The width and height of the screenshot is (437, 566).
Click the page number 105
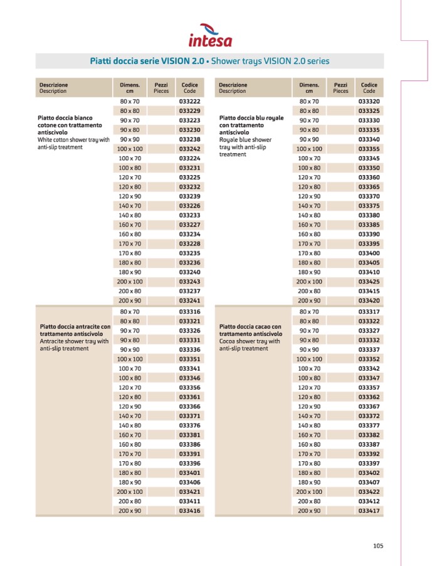click(377, 545)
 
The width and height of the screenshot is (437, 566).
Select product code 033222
click(189, 101)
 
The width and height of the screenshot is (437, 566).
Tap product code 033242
click(189, 149)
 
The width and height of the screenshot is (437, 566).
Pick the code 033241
click(189, 301)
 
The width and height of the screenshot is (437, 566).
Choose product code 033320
click(369, 101)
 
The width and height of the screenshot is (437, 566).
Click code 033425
click(369, 282)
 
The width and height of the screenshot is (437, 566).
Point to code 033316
click(189, 311)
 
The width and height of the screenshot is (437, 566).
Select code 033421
click(189, 492)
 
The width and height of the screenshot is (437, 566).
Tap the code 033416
click(189, 511)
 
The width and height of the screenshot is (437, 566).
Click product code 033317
click(369, 311)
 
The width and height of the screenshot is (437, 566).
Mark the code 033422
click(369, 492)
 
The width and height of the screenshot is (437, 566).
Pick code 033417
click(369, 511)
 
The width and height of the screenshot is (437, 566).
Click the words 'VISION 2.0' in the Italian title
click(182, 61)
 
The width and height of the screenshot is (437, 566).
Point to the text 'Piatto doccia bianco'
click(65, 117)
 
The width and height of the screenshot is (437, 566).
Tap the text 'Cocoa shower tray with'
click(250, 341)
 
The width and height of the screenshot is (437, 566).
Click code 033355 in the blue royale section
click(369, 149)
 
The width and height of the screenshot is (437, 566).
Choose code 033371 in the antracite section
click(189, 416)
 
